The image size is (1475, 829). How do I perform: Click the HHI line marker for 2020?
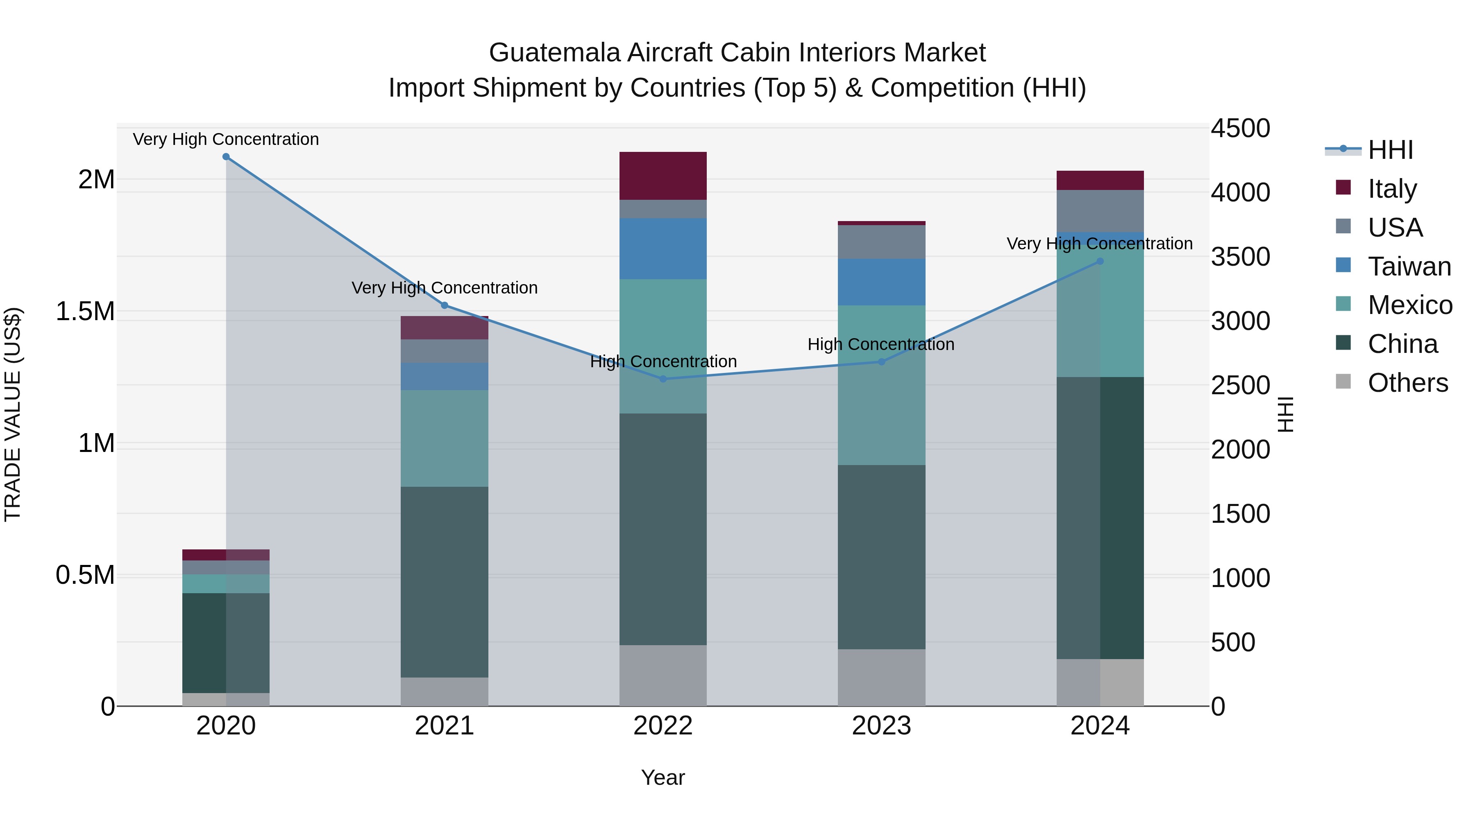(x=226, y=157)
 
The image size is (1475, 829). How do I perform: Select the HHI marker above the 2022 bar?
(x=663, y=379)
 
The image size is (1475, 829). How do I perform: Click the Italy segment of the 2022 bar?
(x=663, y=176)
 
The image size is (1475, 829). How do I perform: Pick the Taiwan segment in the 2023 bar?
(x=881, y=282)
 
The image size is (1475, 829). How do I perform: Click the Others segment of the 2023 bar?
(x=881, y=678)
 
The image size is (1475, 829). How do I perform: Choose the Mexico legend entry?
(x=1410, y=305)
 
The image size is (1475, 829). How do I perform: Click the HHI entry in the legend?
(x=1390, y=150)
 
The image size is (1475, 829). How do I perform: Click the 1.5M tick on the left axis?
(x=85, y=312)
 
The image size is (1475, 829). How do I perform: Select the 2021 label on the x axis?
(x=444, y=726)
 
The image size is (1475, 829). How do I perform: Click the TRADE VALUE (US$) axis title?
(x=13, y=414)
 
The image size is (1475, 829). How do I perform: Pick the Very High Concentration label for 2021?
(x=444, y=288)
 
